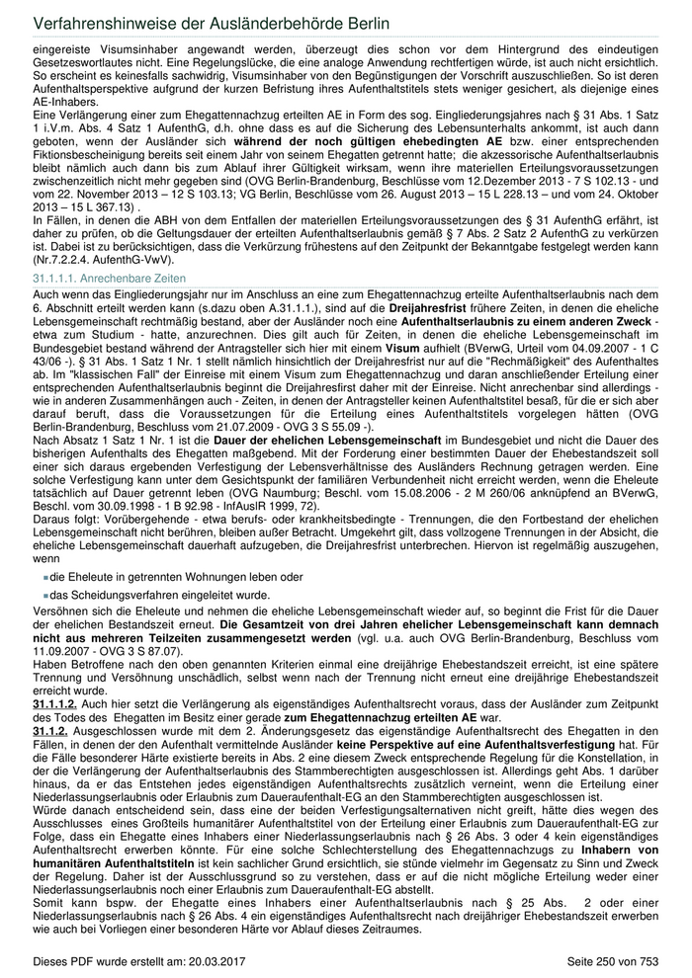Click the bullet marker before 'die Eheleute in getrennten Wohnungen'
click(46, 576)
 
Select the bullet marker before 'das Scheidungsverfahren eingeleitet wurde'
click(46, 596)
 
